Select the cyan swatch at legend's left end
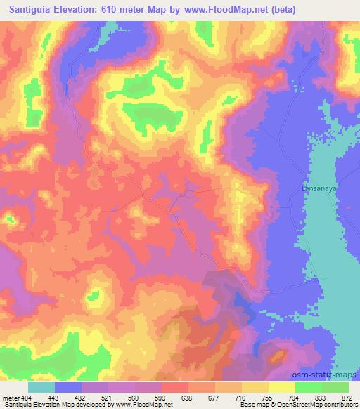click(41, 387)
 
